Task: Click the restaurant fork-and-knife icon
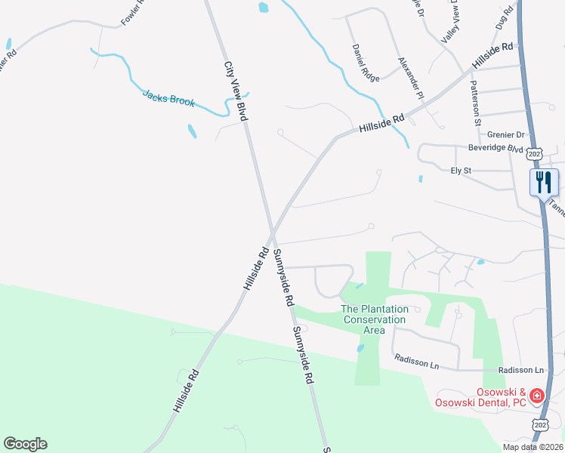(x=544, y=182)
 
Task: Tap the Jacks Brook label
(x=168, y=97)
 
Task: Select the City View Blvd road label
(x=236, y=91)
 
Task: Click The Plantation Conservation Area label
(x=375, y=319)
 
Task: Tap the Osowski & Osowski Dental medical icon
(x=536, y=395)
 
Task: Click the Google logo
(x=25, y=444)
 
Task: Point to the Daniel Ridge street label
(x=365, y=63)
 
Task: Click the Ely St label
(x=461, y=171)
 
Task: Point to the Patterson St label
(x=476, y=103)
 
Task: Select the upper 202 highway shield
(x=535, y=154)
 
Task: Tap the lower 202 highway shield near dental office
(x=539, y=425)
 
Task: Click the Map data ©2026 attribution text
(x=533, y=447)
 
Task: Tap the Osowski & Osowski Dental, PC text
(x=480, y=397)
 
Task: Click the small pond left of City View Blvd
(x=192, y=131)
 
